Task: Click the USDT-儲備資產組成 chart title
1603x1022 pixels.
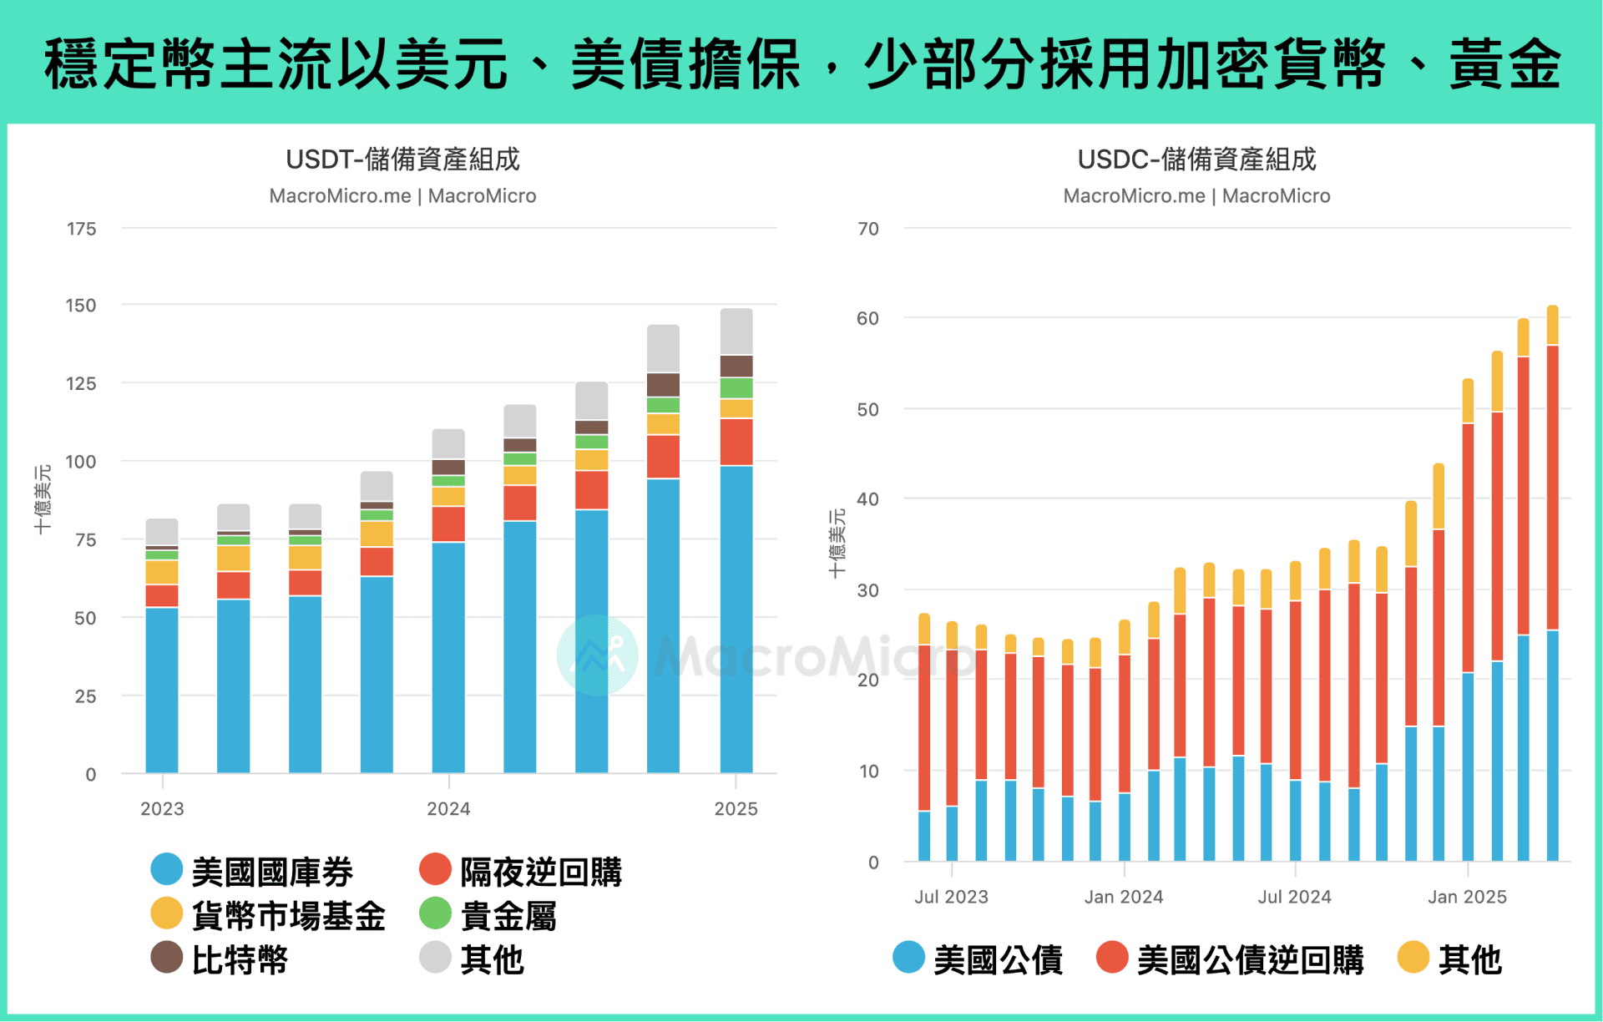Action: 402,159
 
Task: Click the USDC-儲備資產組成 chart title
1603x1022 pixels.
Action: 1196,159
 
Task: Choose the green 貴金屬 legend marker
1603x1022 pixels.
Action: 435,914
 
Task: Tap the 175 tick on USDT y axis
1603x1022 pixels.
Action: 81,229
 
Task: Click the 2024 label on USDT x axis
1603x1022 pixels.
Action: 448,808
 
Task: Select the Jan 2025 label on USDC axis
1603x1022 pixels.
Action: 1467,897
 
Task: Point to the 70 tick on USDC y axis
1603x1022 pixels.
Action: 868,229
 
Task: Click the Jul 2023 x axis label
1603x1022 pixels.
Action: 951,897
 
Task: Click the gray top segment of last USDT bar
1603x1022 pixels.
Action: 736,331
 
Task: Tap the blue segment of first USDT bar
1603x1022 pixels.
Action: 162,689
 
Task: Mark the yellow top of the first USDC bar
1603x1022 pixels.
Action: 924,629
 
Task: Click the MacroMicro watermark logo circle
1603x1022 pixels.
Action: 598,655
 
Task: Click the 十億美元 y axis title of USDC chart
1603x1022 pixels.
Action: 837,544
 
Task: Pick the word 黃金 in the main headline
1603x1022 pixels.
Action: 1504,65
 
